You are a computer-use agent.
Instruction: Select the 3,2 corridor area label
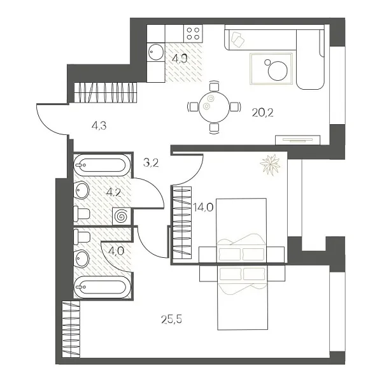pos(151,162)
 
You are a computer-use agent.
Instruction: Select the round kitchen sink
pos(156,53)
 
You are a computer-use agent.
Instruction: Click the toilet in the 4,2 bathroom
pos(81,213)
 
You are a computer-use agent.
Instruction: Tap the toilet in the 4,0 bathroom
pos(81,237)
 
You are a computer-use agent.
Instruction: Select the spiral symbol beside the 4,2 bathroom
pos(121,216)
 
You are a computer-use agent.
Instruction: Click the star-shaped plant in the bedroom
pos(270,164)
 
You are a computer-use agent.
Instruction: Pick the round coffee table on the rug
pos(278,70)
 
